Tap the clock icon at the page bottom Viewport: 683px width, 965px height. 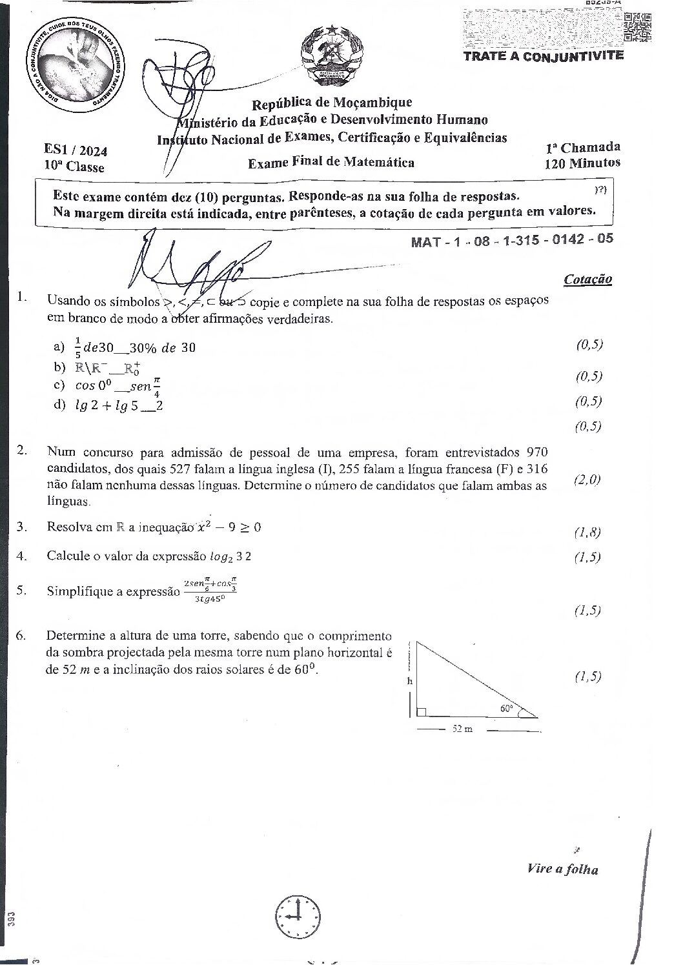point(298,917)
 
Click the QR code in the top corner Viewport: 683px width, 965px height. point(638,27)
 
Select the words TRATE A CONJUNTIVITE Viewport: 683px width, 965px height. point(544,56)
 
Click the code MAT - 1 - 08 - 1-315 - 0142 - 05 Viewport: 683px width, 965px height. point(512,240)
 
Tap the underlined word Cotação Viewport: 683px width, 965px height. point(587,279)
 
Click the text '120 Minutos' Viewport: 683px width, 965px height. point(582,163)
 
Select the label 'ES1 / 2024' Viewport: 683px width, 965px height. point(76,151)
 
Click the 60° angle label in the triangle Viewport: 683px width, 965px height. point(507,708)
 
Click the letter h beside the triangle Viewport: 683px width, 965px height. point(409,681)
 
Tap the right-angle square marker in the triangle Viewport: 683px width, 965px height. point(422,712)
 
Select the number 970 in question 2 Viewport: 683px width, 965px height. point(538,451)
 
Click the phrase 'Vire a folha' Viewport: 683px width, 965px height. point(562,869)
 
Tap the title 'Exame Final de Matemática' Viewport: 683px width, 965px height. point(331,163)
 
